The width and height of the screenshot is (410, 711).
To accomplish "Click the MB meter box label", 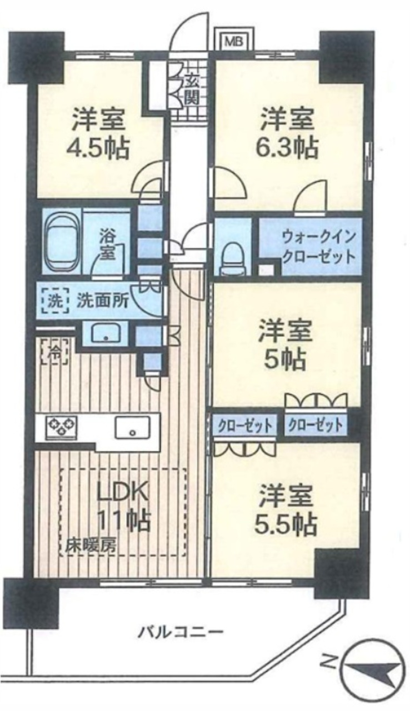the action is (234, 41).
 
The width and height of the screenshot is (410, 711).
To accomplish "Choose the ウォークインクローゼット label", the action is (318, 247).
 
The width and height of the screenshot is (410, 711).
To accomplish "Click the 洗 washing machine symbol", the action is (55, 301).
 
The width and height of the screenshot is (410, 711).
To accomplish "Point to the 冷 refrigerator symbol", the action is (54, 352).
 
